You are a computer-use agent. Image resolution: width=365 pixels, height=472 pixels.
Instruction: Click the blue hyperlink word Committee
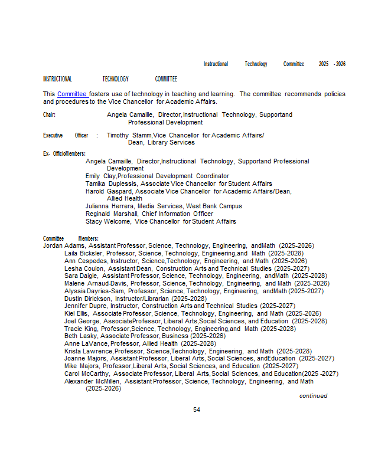(x=71, y=94)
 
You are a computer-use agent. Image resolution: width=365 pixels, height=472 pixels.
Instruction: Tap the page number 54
(x=197, y=409)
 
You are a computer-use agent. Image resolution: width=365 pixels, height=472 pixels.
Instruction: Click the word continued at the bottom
(x=313, y=396)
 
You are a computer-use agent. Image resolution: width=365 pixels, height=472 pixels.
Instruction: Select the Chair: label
(x=49, y=114)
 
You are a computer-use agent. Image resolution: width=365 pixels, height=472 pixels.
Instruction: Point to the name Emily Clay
(x=100, y=176)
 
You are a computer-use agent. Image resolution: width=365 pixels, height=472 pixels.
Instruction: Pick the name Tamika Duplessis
(x=111, y=183)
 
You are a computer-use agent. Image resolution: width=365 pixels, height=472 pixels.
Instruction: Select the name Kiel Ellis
(x=77, y=313)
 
